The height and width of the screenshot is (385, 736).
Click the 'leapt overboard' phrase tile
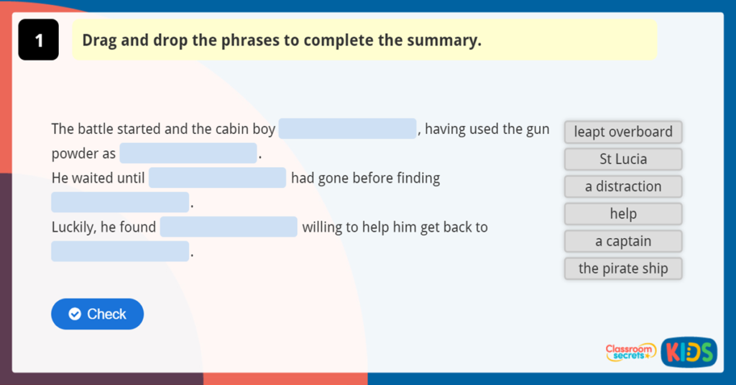[622, 132]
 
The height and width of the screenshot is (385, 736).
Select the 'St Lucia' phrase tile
[622, 159]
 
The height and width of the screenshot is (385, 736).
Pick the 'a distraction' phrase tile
[622, 186]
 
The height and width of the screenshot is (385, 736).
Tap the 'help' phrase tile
[622, 214]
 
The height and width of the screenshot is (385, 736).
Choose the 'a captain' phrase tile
[622, 241]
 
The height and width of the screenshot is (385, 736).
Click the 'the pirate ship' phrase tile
[622, 268]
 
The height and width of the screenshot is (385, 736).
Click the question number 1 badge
[38, 40]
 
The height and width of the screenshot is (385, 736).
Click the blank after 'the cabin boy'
[347, 129]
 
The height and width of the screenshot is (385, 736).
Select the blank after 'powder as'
[188, 153]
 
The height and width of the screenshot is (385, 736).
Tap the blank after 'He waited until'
[217, 178]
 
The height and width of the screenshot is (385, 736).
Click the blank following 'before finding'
[119, 202]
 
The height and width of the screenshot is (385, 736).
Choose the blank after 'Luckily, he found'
[229, 227]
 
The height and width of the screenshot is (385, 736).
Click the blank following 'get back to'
[119, 251]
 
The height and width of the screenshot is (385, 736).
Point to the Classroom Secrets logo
[630, 352]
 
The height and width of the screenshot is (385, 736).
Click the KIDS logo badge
[689, 352]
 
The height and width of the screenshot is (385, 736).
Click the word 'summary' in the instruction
[443, 40]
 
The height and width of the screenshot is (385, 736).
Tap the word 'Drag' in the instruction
[99, 40]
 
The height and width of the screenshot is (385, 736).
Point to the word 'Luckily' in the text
[73, 227]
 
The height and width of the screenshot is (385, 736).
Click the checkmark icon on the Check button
[74, 314]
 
